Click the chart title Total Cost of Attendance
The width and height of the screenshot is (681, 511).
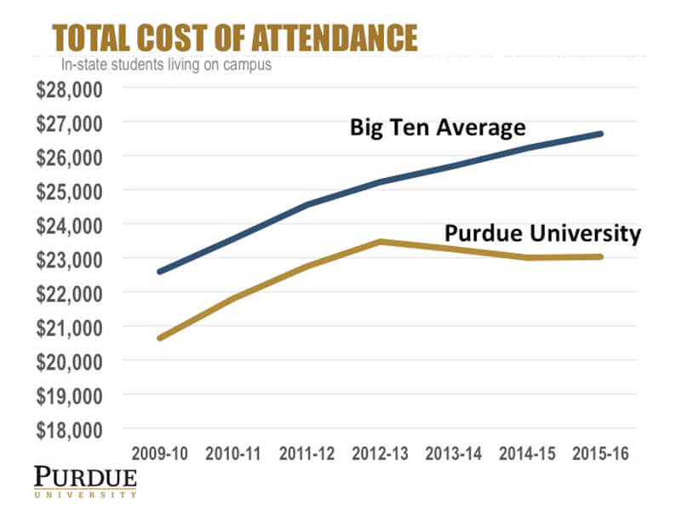click(234, 38)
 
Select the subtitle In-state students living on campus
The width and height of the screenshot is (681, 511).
click(166, 65)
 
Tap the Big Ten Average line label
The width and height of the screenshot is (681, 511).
click(438, 128)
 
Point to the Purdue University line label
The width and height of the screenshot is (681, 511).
click(542, 233)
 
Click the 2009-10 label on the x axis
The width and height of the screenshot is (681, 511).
click(159, 453)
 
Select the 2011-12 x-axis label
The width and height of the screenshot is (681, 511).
click(306, 453)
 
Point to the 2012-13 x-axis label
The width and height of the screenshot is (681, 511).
click(381, 453)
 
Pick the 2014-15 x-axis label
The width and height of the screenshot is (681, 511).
click(528, 453)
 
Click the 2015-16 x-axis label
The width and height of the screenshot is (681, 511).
click(601, 453)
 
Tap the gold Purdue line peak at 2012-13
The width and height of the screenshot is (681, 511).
click(381, 241)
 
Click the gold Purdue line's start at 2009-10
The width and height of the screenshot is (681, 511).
click(159, 338)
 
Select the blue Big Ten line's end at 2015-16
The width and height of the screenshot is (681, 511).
click(601, 134)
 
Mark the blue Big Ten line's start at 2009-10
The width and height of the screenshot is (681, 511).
click(159, 272)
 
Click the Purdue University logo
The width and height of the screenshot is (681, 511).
click(85, 481)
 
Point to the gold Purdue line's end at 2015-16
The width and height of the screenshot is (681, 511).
click(601, 256)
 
